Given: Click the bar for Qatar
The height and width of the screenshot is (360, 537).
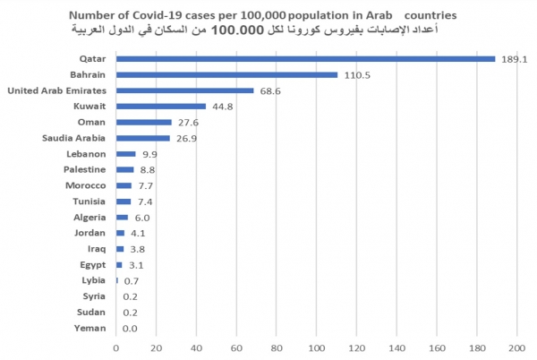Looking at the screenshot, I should [304, 59].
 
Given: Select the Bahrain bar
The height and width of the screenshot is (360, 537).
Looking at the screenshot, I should [226, 75].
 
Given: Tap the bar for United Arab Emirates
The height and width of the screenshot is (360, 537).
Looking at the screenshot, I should [184, 90].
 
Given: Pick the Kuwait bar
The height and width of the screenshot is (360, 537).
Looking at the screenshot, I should [161, 107].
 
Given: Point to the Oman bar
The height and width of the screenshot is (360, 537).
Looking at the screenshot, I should [143, 122].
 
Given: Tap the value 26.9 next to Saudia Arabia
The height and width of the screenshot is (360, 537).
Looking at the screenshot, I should [187, 139].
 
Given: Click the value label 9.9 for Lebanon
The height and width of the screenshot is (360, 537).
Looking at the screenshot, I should [149, 154].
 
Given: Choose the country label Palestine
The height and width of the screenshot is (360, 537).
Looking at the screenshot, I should [86, 169].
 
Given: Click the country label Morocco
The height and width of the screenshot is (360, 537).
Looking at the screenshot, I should [87, 185].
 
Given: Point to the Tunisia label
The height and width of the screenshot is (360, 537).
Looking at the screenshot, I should [90, 201].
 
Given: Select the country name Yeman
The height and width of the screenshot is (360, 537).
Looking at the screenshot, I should [91, 328].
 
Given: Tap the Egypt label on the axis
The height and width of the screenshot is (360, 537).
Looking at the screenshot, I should [94, 265].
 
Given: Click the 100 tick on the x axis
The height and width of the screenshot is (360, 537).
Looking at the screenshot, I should [317, 347].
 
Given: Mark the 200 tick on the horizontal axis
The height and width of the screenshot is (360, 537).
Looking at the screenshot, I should [517, 347].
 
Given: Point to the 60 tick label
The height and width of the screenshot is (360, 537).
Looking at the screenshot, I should [236, 347].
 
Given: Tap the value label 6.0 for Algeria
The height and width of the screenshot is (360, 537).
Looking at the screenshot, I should [143, 218].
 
